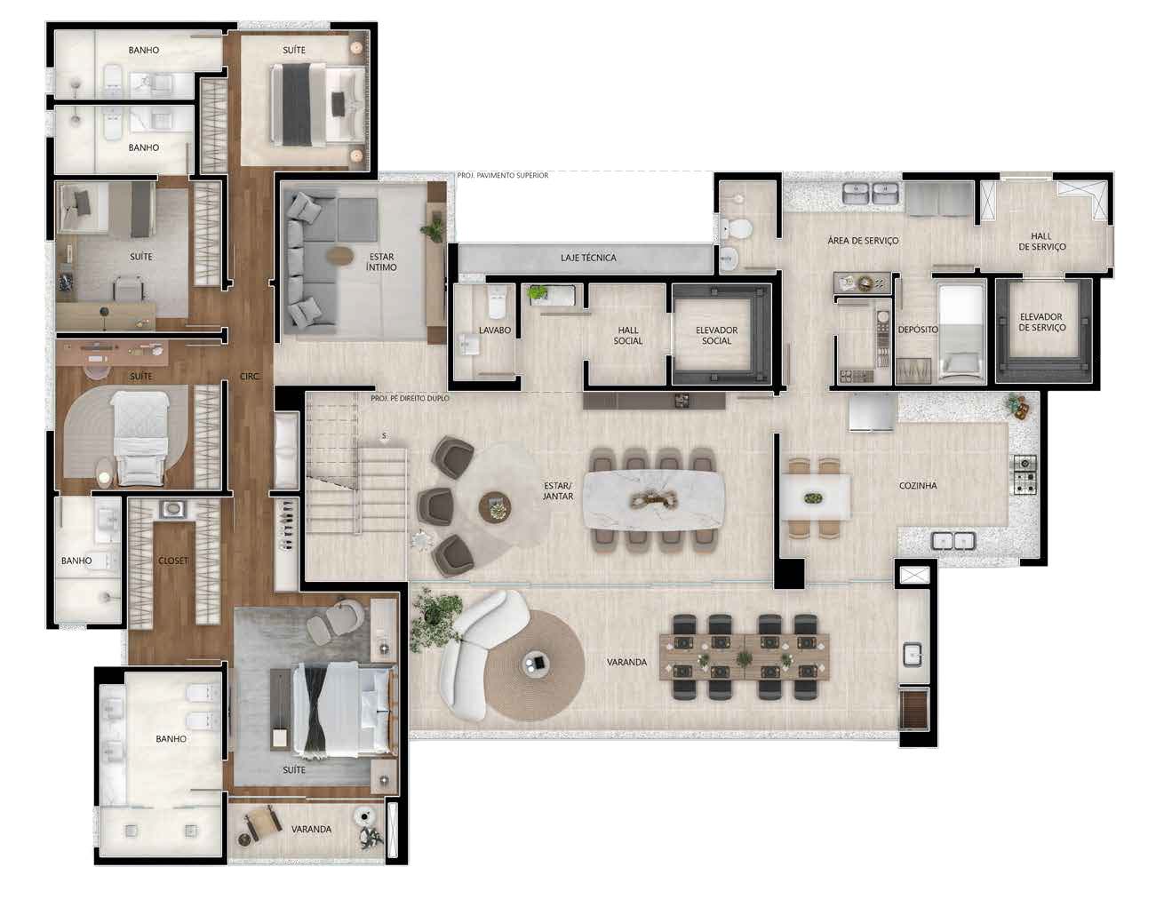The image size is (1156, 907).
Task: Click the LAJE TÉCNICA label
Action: tap(588, 258)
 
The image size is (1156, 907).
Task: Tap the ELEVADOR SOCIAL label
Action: tap(716, 336)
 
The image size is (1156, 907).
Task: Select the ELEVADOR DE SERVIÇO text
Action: tap(1041, 322)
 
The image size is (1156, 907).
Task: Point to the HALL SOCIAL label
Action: tap(627, 336)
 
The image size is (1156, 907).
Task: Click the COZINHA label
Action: tap(918, 485)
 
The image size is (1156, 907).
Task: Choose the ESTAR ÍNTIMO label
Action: tap(381, 262)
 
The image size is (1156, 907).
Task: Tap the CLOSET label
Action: tap(173, 561)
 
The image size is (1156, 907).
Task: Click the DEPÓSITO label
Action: tap(918, 330)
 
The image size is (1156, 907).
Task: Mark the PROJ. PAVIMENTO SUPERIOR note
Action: tap(503, 175)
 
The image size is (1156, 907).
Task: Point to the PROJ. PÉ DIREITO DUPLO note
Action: tap(410, 398)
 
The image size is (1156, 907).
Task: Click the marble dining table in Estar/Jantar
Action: tap(654, 500)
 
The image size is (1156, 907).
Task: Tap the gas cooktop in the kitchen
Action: tap(1024, 474)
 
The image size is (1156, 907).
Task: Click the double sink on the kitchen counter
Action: tap(953, 541)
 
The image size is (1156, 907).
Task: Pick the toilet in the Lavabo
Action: tap(498, 302)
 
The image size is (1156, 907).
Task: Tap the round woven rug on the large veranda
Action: tap(534, 665)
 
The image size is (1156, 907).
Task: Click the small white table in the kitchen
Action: tap(815, 497)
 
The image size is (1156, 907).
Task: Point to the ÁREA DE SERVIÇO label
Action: tap(863, 241)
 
